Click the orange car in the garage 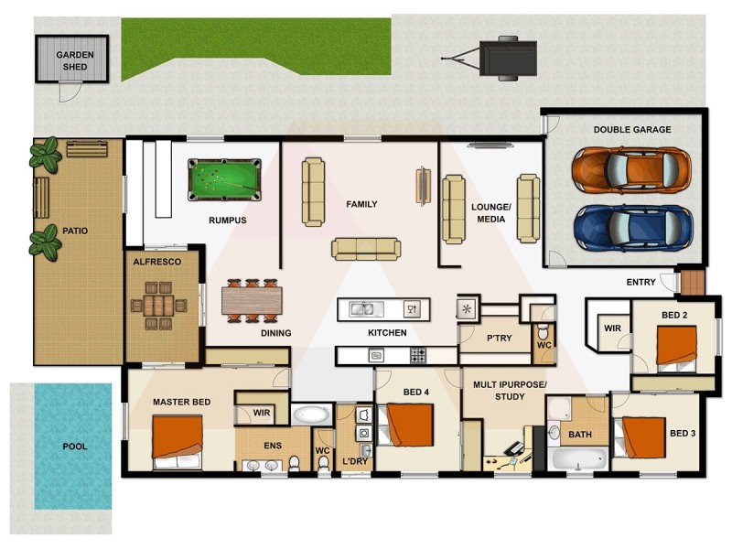(631, 168)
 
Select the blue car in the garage (631, 227)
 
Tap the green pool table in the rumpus (224, 178)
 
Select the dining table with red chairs (252, 301)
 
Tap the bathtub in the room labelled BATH (578, 458)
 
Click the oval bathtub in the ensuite (313, 414)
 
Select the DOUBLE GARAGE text (631, 130)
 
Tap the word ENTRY (640, 282)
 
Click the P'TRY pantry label (499, 339)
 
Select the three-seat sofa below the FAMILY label (365, 248)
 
